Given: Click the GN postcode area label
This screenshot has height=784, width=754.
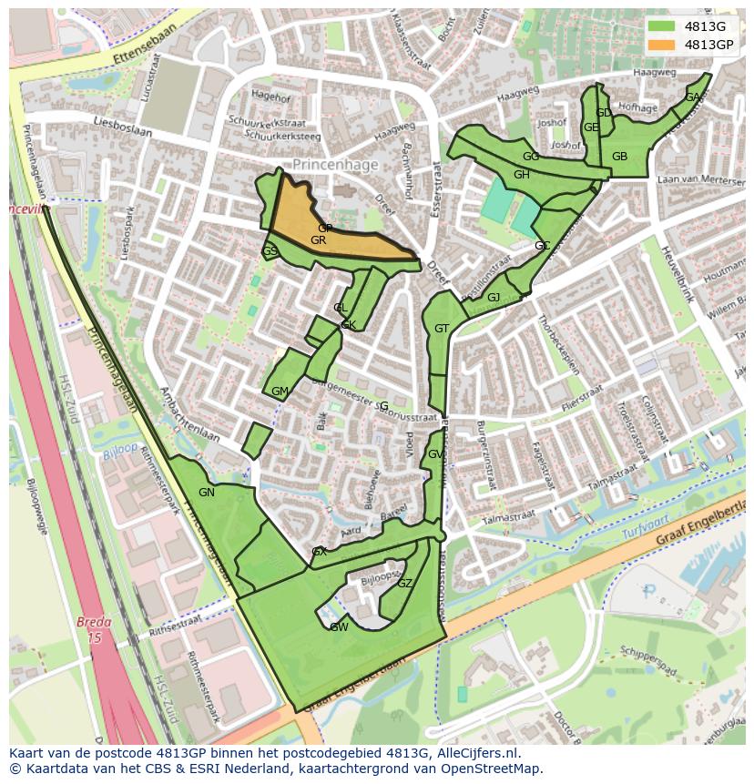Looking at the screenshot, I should click(207, 493).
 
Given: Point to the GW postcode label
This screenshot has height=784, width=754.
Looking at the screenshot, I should click(339, 627).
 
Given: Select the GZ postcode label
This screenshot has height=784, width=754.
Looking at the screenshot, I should click(405, 584).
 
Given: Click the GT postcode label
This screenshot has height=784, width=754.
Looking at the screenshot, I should click(442, 329).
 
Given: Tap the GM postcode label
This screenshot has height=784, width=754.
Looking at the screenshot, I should click(280, 392).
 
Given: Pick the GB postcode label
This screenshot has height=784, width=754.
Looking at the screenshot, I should click(619, 157).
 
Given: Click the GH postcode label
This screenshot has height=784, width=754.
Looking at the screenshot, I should click(521, 175).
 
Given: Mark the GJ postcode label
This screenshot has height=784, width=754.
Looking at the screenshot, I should click(494, 298).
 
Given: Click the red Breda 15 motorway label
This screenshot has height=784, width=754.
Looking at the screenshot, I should click(94, 631).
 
